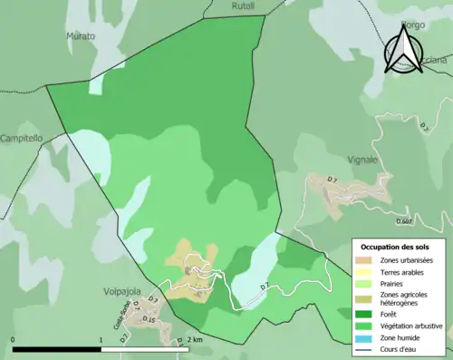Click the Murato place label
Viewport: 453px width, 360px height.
coord(80,36)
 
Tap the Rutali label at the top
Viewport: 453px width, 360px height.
coord(218,5)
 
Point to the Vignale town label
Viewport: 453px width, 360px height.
coord(362,160)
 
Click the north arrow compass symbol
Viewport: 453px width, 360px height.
coord(403,48)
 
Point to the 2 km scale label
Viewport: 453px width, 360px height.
coord(198,341)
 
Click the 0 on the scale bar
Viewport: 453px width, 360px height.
coord(14,341)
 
